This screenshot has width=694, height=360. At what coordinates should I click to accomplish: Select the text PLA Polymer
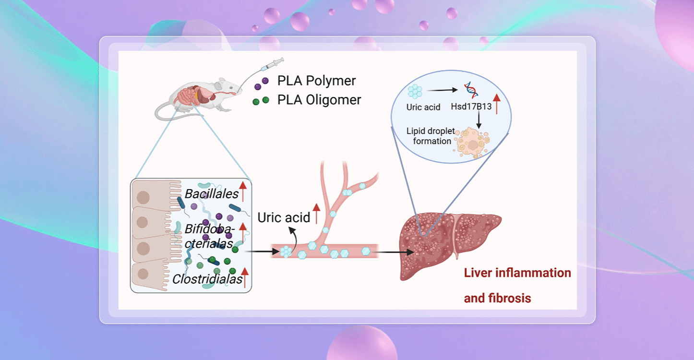[316, 81]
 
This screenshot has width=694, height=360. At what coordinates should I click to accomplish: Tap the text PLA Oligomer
[319, 100]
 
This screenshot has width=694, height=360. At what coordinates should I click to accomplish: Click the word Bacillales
[212, 194]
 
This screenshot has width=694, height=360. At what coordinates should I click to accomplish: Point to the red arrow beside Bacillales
[243, 192]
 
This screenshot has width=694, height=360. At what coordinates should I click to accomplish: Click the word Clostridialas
[207, 279]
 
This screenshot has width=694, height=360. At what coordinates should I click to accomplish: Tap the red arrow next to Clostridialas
[245, 277]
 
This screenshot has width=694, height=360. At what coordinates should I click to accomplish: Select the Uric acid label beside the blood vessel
[284, 217]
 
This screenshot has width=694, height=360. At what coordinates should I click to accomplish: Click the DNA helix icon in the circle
[470, 89]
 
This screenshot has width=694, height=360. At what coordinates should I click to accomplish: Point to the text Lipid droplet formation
[431, 136]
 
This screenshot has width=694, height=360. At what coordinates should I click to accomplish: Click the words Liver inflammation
[517, 273]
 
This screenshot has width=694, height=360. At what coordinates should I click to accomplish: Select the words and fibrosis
[497, 298]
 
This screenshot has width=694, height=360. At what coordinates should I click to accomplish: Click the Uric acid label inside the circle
[423, 107]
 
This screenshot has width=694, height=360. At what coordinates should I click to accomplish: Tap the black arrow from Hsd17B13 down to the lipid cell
[479, 120]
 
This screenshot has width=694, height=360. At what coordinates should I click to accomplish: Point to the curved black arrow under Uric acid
[292, 236]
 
